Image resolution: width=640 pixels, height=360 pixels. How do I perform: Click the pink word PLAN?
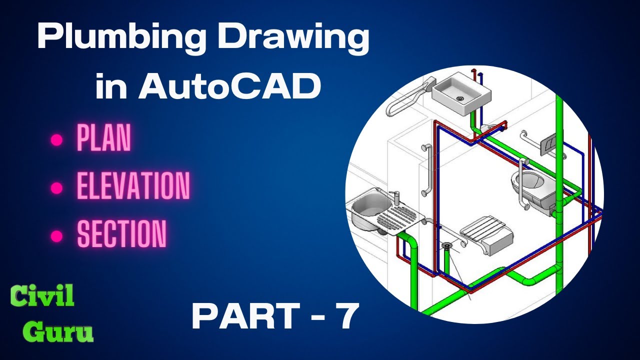coord(103,138)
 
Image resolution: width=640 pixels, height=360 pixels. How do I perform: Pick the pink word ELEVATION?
coord(133,185)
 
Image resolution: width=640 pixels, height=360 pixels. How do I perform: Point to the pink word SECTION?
coord(121,233)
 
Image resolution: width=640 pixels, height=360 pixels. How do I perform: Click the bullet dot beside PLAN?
coord(56,140)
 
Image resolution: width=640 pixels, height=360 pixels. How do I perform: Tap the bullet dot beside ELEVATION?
coord(56,188)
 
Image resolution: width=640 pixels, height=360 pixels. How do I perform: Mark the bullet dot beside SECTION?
coord(56,236)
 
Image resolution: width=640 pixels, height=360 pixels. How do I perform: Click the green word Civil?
coord(42,296)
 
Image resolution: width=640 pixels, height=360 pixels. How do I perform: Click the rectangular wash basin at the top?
coord(461,93)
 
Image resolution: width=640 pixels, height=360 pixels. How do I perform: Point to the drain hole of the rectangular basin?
coord(459,98)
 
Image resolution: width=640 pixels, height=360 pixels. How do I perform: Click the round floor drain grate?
coord(446,245)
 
